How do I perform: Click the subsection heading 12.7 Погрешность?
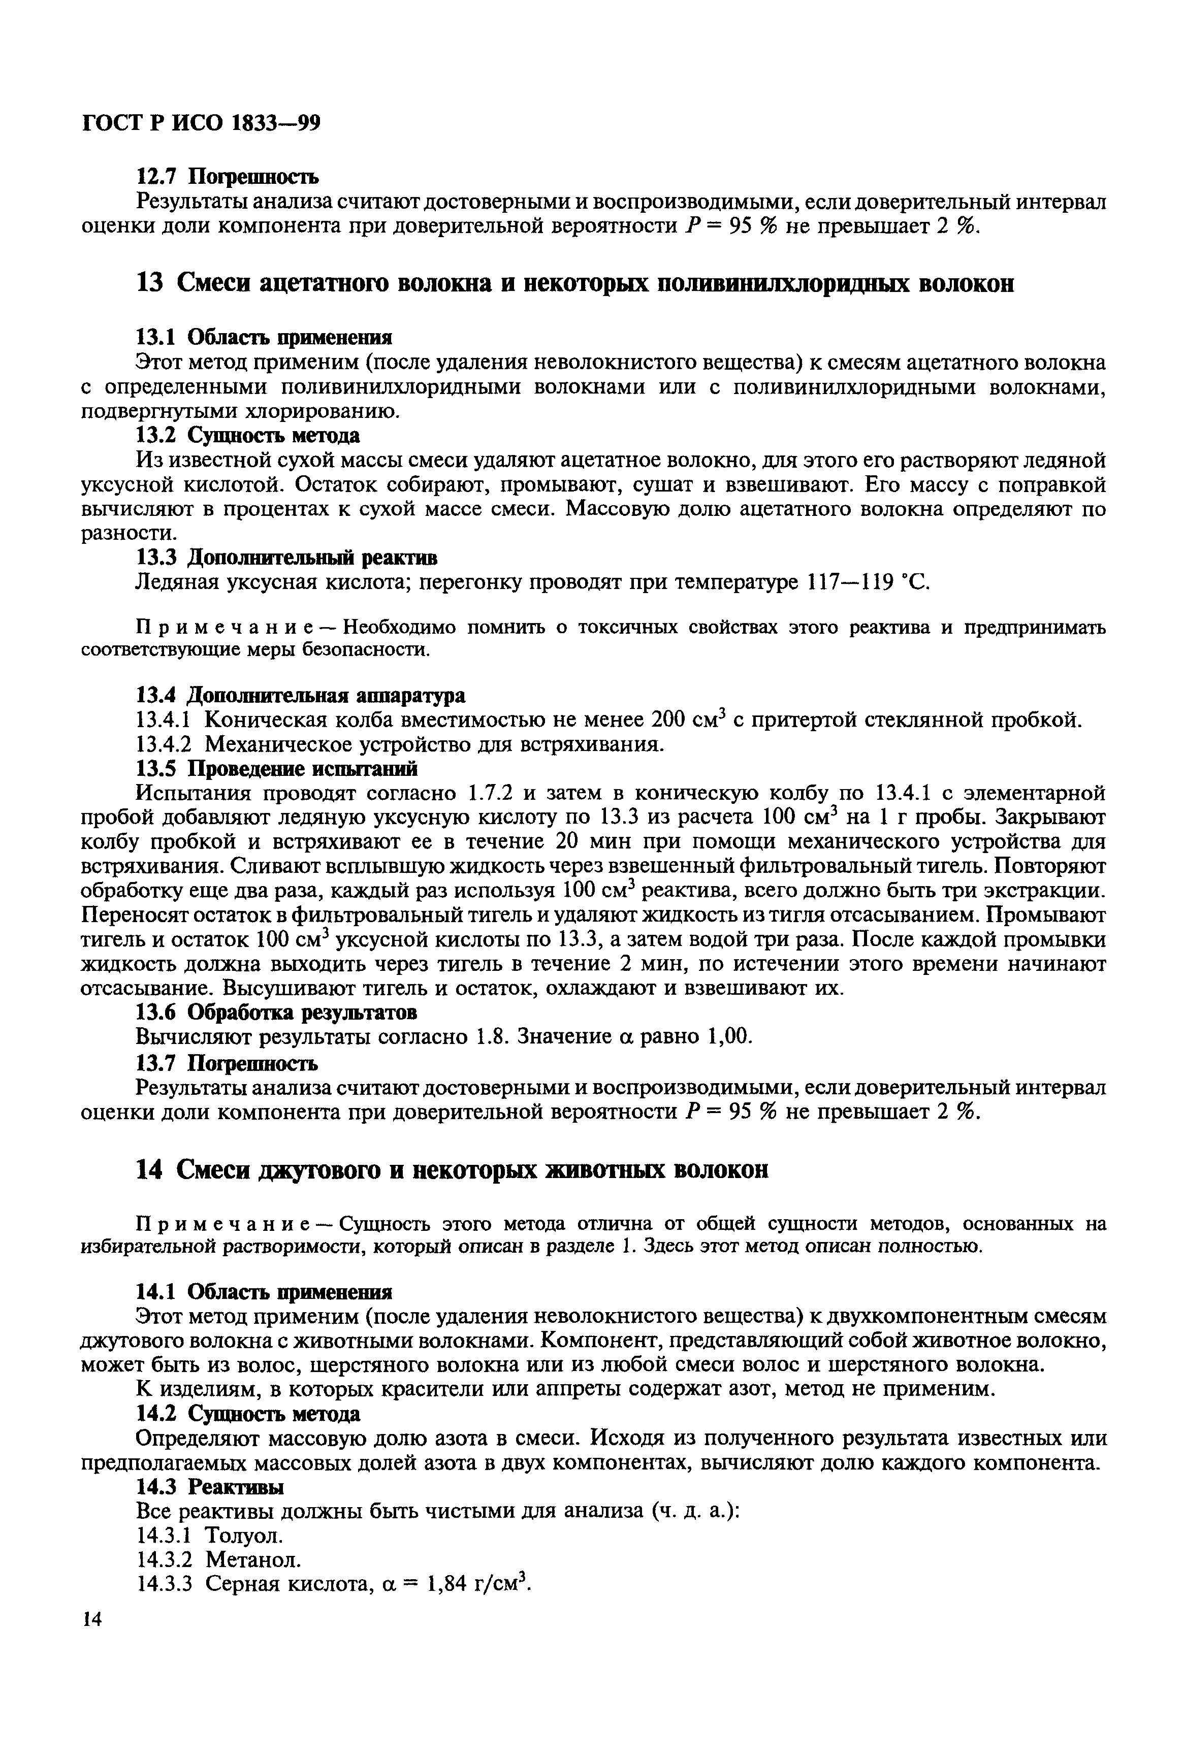coord(227,177)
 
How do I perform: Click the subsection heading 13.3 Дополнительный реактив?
coord(286,557)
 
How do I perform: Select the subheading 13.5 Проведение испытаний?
coord(276,768)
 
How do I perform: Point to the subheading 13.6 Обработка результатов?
coord(276,1010)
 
